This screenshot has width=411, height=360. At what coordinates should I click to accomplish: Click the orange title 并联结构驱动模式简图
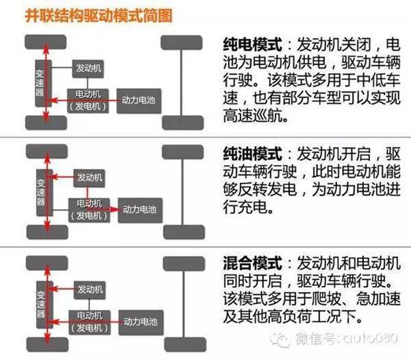pyautogui.click(x=99, y=16)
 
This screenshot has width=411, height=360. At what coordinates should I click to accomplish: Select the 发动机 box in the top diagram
pyautogui.click(x=88, y=69)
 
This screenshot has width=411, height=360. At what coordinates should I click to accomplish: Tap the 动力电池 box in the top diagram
pyautogui.click(x=139, y=101)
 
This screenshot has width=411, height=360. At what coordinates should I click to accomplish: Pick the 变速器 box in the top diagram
pyautogui.click(x=43, y=84)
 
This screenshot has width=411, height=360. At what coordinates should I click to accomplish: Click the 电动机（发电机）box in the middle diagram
pyautogui.click(x=89, y=211)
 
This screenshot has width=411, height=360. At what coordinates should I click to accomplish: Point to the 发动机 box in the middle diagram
pyautogui.click(x=89, y=179)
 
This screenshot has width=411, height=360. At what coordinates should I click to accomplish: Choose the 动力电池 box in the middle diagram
pyautogui.click(x=140, y=211)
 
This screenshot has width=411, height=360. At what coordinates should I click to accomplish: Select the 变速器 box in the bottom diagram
pyautogui.click(x=45, y=305)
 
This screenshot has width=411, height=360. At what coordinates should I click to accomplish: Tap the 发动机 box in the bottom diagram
pyautogui.click(x=90, y=290)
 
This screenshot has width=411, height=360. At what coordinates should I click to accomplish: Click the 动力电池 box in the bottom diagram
pyautogui.click(x=141, y=322)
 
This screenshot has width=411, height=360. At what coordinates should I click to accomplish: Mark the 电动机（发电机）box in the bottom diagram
pyautogui.click(x=90, y=322)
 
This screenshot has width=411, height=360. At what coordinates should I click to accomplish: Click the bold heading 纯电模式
pyautogui.click(x=253, y=45)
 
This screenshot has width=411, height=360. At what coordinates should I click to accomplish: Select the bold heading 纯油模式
pyautogui.click(x=253, y=154)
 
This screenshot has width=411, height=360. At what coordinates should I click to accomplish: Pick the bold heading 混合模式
pyautogui.click(x=253, y=264)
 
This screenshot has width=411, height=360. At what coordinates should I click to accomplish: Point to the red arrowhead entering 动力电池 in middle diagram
pyautogui.click(x=114, y=209)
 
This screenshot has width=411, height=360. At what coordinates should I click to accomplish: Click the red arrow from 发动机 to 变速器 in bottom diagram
pyautogui.click(x=62, y=289)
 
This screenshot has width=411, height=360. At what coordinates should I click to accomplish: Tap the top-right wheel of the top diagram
pyautogui.click(x=182, y=43)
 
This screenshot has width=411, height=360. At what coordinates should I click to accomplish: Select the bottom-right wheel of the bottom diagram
pyautogui.click(x=185, y=344)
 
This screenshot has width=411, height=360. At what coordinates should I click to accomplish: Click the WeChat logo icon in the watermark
pyautogui.click(x=280, y=340)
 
